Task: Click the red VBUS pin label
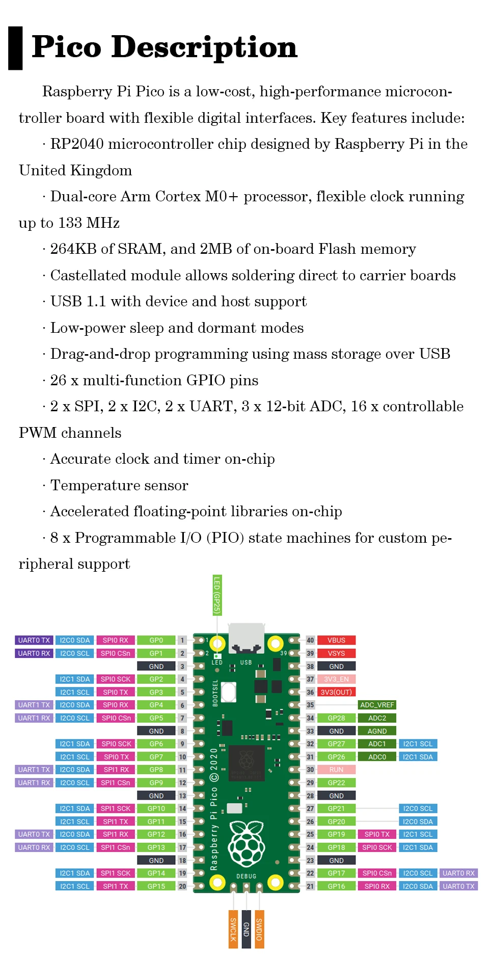(x=336, y=640)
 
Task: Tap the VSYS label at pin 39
(x=336, y=653)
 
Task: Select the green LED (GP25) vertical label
(x=217, y=595)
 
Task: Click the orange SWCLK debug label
(x=233, y=928)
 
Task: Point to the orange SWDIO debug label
(x=259, y=928)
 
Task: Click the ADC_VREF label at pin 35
(x=377, y=705)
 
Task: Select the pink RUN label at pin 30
(x=336, y=769)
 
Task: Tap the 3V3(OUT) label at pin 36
(x=336, y=692)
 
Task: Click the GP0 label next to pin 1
(x=156, y=640)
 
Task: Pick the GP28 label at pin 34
(x=336, y=718)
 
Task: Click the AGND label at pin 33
(x=377, y=731)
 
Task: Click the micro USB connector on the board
(x=247, y=637)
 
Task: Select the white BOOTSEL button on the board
(x=229, y=692)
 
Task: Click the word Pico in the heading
(x=67, y=47)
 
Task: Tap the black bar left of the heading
(x=15, y=48)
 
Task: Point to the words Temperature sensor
(x=119, y=485)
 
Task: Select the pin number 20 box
(x=182, y=886)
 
